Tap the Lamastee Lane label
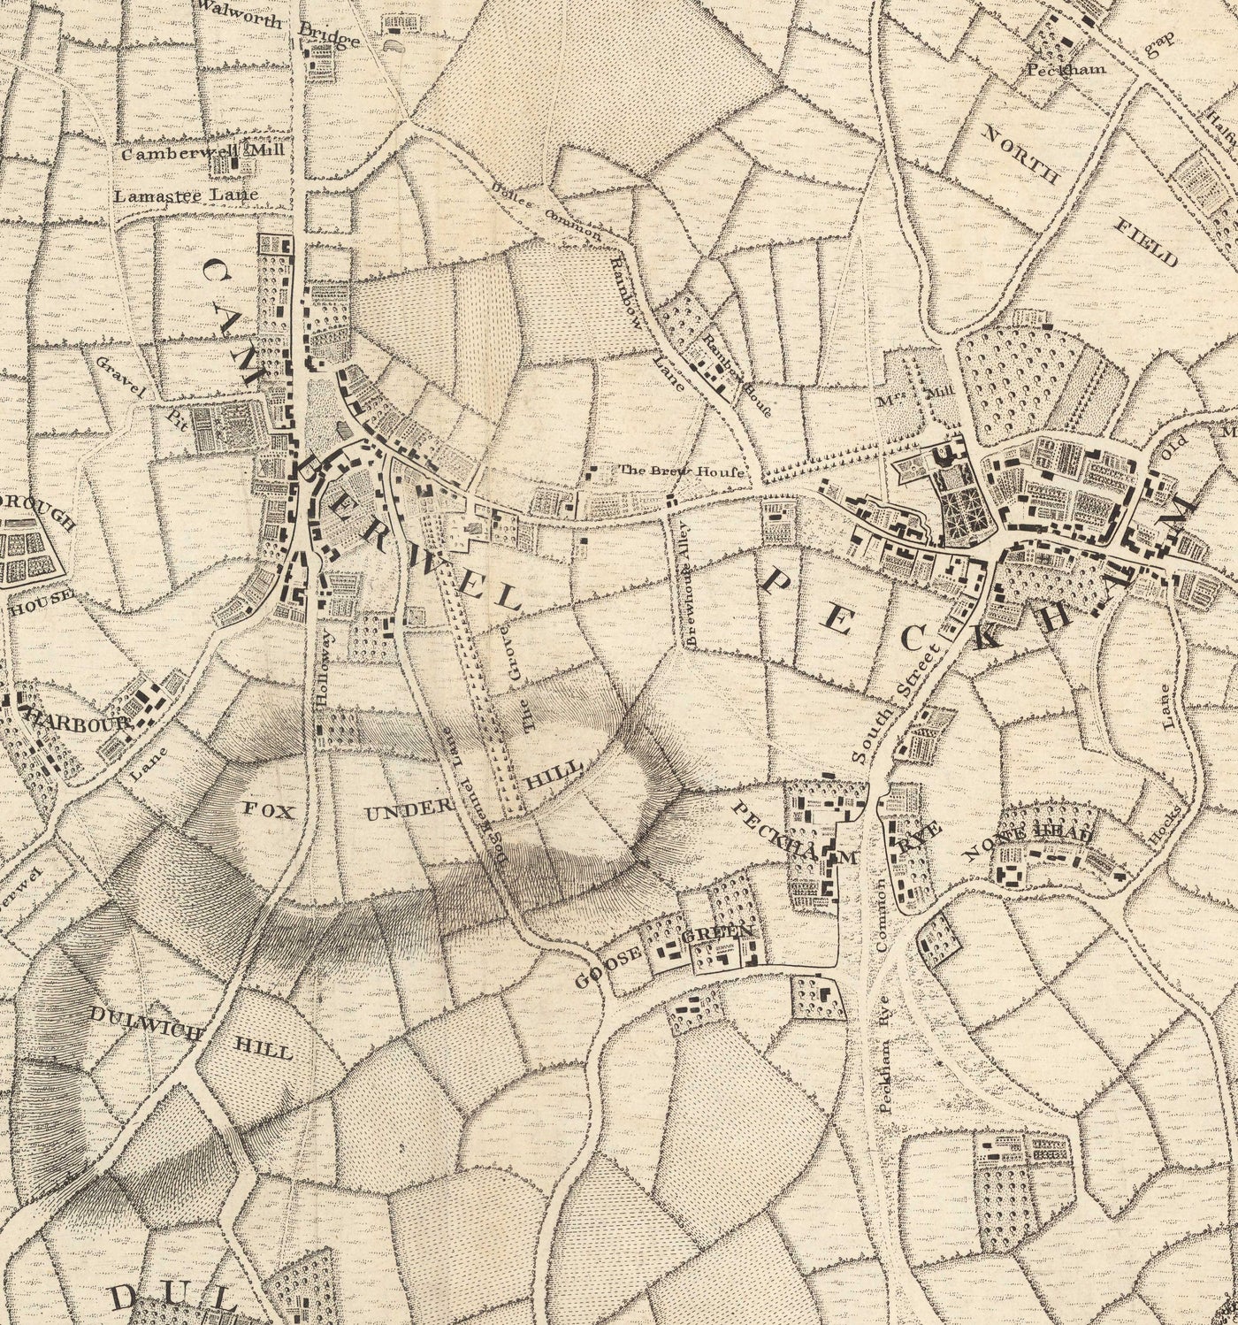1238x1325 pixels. point(186,195)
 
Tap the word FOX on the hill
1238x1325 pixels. point(266,810)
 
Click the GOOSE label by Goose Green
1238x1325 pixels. point(608,966)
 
